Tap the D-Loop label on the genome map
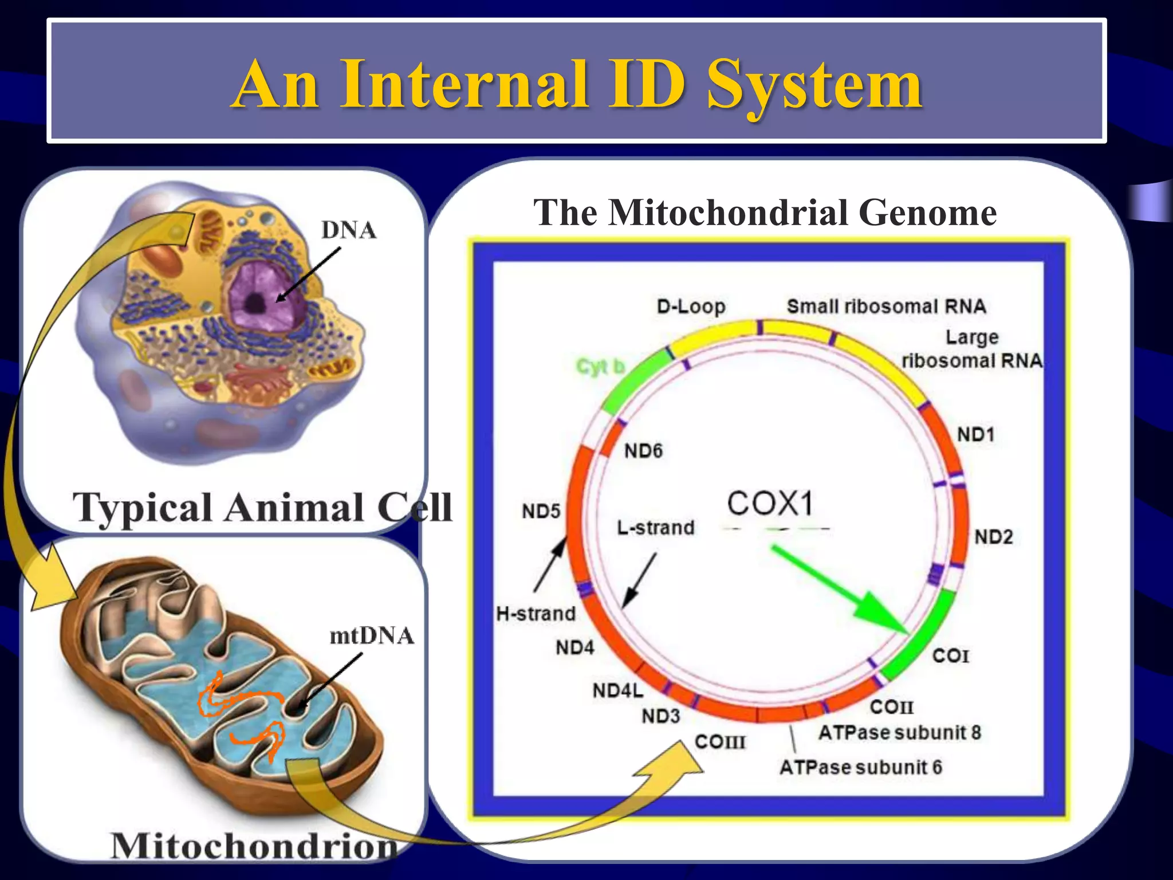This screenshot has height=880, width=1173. [691, 307]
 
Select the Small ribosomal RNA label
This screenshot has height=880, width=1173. [886, 307]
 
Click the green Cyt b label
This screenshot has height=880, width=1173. [600, 367]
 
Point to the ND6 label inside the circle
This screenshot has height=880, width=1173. [643, 451]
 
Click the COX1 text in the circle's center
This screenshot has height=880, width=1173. [770, 504]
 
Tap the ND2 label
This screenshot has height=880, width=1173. [994, 537]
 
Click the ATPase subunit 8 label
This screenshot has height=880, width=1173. [899, 733]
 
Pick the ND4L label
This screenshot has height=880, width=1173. [617, 691]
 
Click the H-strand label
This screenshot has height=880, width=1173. [536, 614]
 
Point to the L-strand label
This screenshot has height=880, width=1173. [655, 528]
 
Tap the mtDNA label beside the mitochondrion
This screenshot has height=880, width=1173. [372, 636]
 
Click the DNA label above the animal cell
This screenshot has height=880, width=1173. [348, 230]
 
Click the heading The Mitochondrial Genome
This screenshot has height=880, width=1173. [765, 213]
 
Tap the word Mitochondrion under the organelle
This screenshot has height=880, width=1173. [254, 846]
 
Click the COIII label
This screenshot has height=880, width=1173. [720, 742]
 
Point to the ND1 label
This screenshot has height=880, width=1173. [975, 435]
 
